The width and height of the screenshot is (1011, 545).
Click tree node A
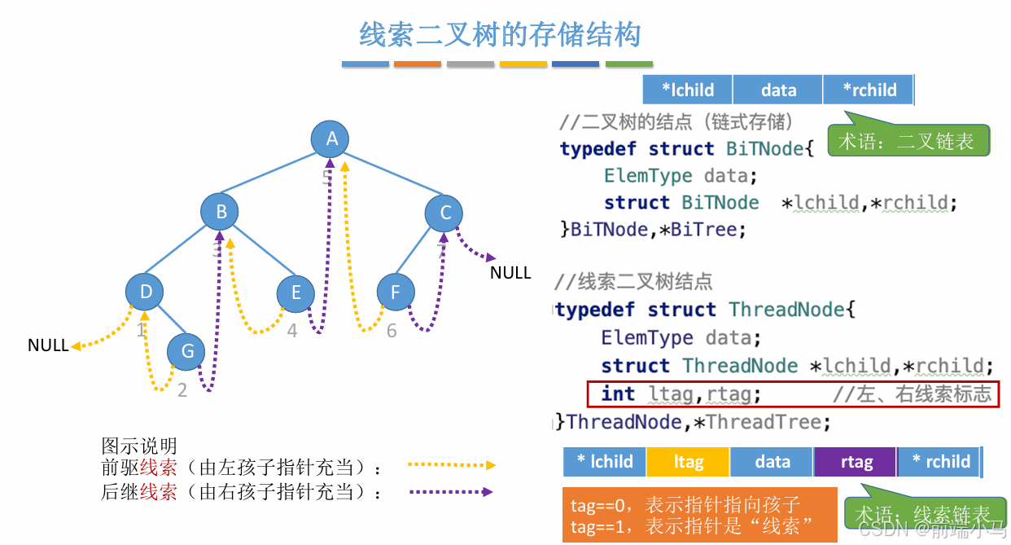pyautogui.click(x=331, y=139)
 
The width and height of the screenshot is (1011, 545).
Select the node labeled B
pyautogui.click(x=221, y=213)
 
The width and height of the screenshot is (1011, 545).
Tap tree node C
pyautogui.click(x=444, y=213)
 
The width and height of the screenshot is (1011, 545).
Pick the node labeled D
pyautogui.click(x=146, y=292)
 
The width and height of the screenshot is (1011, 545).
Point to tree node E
pyautogui.click(x=295, y=292)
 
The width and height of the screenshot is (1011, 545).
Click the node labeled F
pyautogui.click(x=396, y=292)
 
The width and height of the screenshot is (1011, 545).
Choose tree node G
pyautogui.click(x=187, y=351)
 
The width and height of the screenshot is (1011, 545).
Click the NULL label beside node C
pyautogui.click(x=510, y=273)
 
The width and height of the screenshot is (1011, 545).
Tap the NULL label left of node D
pyautogui.click(x=48, y=345)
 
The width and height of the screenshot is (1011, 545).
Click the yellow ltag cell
pyautogui.click(x=689, y=462)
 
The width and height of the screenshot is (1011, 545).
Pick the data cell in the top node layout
pyautogui.click(x=778, y=90)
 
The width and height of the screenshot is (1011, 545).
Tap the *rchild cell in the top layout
pyautogui.click(x=869, y=90)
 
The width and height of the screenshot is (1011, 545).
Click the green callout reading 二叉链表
pyautogui.click(x=907, y=142)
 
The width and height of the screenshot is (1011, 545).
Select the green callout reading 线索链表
pyautogui.click(x=922, y=514)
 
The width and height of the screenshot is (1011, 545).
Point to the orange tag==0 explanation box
pyautogui.click(x=699, y=515)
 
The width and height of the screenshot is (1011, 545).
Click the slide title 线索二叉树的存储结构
pyautogui.click(x=500, y=35)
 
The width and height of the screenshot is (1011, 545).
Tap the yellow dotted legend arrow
pyautogui.click(x=452, y=465)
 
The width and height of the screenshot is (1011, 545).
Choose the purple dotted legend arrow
pyautogui.click(x=452, y=492)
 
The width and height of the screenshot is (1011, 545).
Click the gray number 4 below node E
pyautogui.click(x=293, y=331)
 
